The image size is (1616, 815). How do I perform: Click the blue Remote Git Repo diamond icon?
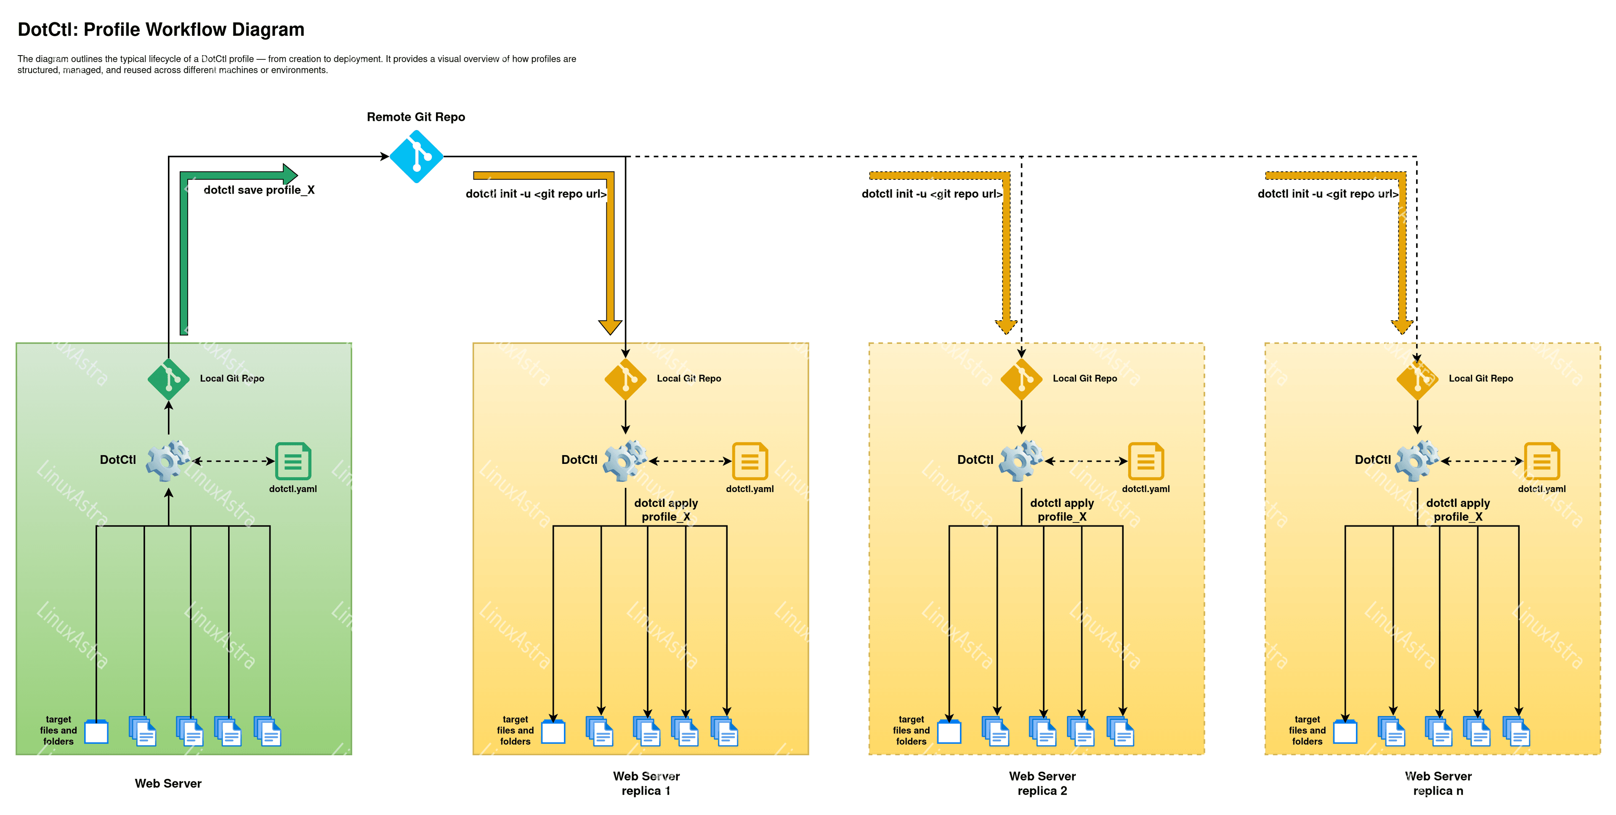tap(416, 156)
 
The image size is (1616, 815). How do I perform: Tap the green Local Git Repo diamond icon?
tap(168, 379)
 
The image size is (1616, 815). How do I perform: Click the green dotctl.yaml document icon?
tap(293, 461)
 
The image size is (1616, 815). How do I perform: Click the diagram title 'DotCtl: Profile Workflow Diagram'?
tap(161, 29)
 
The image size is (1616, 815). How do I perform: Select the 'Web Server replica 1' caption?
tap(646, 783)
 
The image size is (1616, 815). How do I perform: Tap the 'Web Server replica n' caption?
tap(1438, 783)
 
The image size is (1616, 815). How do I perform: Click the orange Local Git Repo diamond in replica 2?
tap(1021, 379)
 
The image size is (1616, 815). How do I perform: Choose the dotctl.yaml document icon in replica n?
tap(1542, 461)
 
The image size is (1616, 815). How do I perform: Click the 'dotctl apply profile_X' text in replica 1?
tap(666, 509)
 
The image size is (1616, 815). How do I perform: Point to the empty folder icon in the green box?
tap(96, 732)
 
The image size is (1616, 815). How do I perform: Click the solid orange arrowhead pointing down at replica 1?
tap(610, 327)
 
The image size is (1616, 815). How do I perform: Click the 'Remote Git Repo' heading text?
tap(416, 117)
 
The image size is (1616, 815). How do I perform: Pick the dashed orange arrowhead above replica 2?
tap(1006, 327)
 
